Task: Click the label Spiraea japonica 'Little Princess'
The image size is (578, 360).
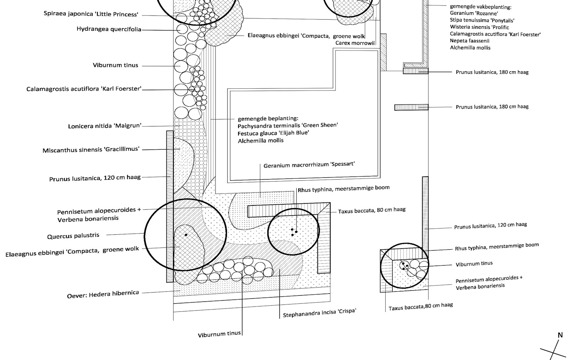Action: (91, 14)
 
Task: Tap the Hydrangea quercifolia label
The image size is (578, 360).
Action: (109, 29)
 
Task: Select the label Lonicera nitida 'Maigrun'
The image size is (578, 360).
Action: (104, 126)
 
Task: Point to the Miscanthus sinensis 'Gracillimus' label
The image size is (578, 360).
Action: (91, 150)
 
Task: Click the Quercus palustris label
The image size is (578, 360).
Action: (73, 236)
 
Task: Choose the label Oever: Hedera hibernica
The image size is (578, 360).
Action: (103, 294)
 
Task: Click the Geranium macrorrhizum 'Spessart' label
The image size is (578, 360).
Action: (309, 165)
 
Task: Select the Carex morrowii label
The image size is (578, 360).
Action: (355, 43)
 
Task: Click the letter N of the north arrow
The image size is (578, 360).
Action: (560, 335)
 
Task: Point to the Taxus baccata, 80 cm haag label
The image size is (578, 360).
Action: (372, 210)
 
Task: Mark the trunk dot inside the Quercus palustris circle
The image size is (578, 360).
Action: (186, 235)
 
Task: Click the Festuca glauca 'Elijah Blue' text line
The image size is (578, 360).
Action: (273, 133)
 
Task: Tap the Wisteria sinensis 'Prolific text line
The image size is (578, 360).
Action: (479, 27)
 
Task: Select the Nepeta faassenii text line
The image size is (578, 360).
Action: (470, 41)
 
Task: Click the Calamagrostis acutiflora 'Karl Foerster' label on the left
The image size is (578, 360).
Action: (84, 89)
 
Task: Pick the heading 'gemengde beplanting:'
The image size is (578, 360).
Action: (268, 118)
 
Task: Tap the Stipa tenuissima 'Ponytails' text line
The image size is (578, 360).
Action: (482, 20)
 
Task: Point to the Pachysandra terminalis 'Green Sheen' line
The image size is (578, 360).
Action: (288, 126)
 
